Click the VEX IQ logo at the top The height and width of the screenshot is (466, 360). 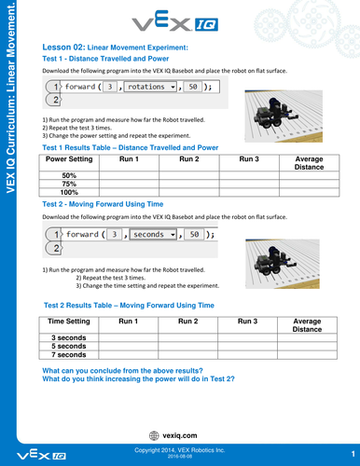175,21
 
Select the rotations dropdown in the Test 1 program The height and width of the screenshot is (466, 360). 150,87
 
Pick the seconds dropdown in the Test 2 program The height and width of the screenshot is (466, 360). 153,234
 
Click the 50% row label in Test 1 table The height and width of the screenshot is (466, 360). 69,175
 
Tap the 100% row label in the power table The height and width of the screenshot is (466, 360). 69,192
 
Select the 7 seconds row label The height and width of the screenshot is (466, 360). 69,355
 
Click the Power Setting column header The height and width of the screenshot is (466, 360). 69,159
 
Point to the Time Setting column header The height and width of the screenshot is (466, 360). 69,322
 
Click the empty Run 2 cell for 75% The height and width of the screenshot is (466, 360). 189,184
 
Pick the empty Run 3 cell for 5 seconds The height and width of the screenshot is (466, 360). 247,346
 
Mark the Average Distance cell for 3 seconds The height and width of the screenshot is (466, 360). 307,337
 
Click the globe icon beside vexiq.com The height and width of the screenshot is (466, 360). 154,436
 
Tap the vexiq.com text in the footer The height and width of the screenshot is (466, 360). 180,435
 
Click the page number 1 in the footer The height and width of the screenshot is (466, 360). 353,454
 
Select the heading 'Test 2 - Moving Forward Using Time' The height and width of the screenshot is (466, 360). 103,204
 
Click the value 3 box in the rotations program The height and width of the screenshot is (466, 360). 110,87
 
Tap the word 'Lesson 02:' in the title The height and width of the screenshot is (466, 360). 63,48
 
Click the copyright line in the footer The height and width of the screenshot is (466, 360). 179,450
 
